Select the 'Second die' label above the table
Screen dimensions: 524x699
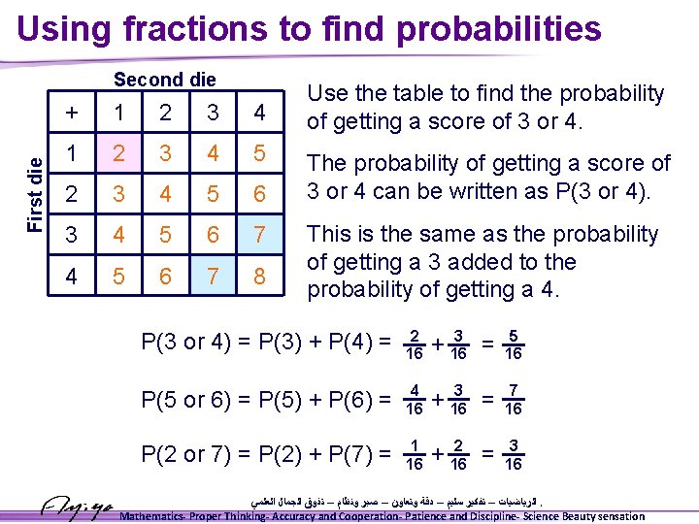coord(165,80)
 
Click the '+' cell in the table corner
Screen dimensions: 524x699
coord(72,113)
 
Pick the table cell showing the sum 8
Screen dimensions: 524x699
coord(258,277)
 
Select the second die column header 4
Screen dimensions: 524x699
coord(258,113)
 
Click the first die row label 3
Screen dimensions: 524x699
coord(72,236)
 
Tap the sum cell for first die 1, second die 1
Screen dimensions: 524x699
coord(118,153)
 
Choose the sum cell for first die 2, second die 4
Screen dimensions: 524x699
coord(258,195)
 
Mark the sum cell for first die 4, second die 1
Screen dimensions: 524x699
coord(118,277)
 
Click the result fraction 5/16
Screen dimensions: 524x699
coord(514,344)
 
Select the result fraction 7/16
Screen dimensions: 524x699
coord(514,399)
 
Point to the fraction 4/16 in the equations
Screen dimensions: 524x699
coord(414,399)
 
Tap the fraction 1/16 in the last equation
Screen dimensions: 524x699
coord(414,454)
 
